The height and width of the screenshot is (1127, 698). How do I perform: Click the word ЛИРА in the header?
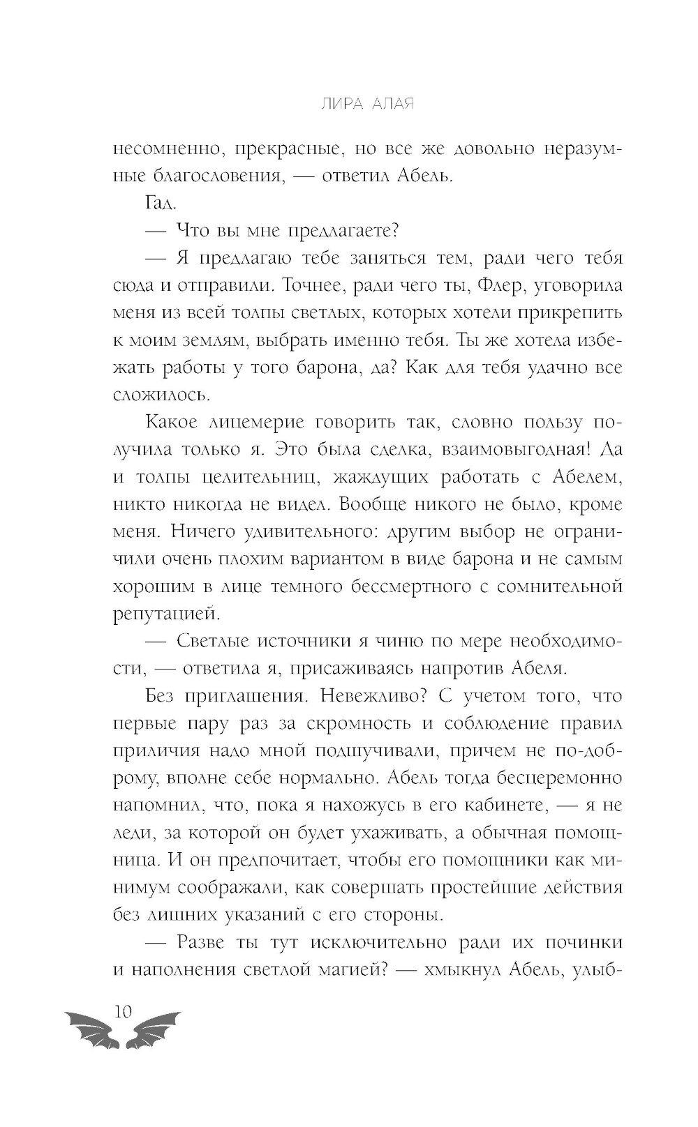[333, 105]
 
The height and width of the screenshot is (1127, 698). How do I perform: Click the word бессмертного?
[385, 587]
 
